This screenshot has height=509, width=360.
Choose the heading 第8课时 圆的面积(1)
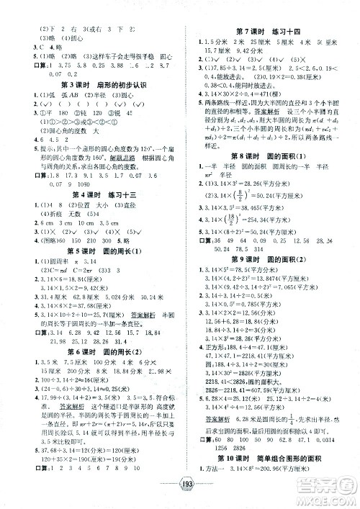(270, 174)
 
